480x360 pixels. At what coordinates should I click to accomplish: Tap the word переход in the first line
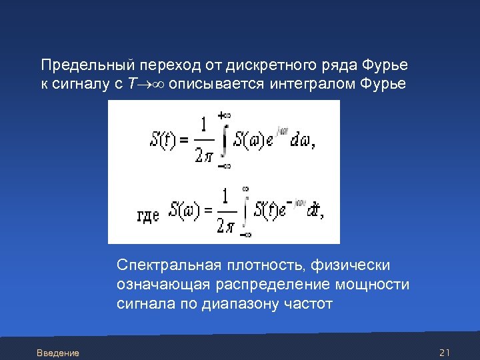tap(164, 65)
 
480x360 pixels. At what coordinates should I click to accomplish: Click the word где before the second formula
tap(148, 215)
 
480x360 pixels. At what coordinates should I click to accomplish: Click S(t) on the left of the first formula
tap(163, 141)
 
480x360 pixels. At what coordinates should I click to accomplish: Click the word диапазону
tap(237, 304)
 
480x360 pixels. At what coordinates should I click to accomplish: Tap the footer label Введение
tap(58, 353)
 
